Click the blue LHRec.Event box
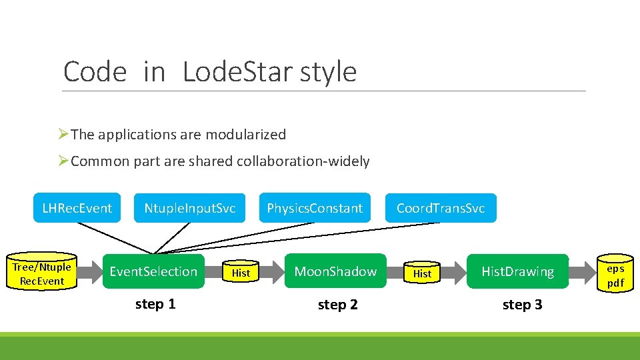click(x=77, y=208)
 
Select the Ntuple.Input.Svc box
click(x=189, y=208)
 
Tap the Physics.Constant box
click(x=315, y=208)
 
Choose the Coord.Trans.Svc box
click(x=440, y=208)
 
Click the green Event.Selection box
click(x=153, y=271)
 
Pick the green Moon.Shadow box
click(x=335, y=271)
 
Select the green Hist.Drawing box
click(x=517, y=271)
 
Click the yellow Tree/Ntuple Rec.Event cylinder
click(x=42, y=274)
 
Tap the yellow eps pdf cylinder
click(x=615, y=275)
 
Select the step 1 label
click(x=155, y=304)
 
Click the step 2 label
click(x=337, y=305)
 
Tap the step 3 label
click(x=522, y=305)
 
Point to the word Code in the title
click(x=94, y=72)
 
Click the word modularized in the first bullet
click(x=245, y=134)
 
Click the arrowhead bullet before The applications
click(x=63, y=134)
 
